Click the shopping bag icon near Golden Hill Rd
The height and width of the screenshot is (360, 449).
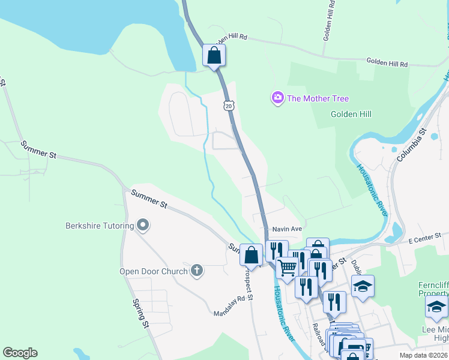214,56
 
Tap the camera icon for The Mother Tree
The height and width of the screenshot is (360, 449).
277,98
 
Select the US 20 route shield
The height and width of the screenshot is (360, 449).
228,106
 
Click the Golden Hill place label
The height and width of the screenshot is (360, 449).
351,114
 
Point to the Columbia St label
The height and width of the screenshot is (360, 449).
411,145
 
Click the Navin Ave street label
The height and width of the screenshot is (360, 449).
287,229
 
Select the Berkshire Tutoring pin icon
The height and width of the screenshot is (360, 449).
143,226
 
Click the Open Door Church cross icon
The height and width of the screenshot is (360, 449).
196,271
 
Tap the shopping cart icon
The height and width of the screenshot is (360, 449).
288,267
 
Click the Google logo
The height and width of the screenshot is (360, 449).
20,353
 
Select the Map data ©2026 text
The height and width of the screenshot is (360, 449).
424,355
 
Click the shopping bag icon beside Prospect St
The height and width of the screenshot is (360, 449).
252,255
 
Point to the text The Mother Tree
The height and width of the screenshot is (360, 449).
318,98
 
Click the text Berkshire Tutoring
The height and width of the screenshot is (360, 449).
99,226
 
